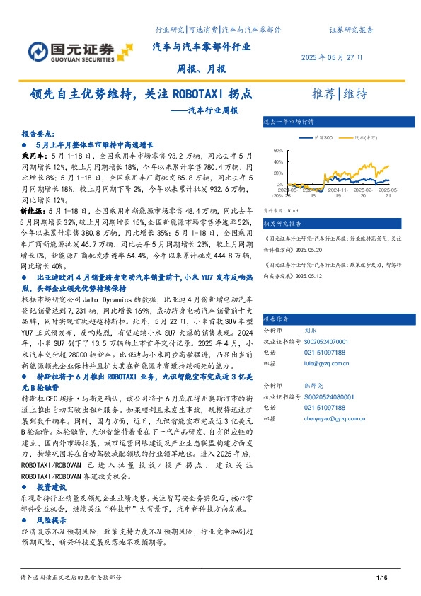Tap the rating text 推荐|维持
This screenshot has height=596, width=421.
tap(340, 94)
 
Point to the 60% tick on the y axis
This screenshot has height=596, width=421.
tap(277, 151)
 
